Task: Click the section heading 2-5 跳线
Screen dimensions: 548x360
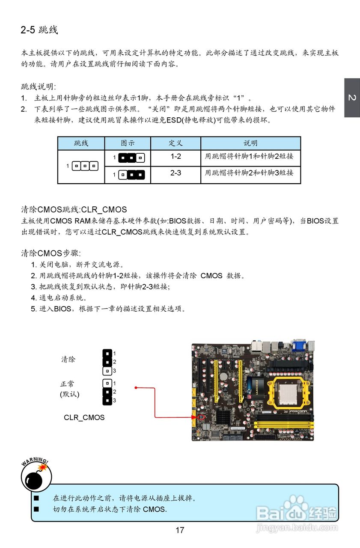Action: point(39,30)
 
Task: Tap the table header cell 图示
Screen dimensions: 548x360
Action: point(128,143)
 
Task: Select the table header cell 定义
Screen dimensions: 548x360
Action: point(176,143)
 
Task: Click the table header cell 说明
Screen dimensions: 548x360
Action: point(250,143)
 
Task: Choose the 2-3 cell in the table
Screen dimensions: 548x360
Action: point(176,173)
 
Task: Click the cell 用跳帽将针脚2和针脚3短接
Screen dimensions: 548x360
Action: point(249,173)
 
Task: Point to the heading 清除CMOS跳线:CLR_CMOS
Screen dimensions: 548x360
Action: point(74,210)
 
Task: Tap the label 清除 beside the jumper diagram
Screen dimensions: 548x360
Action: point(68,360)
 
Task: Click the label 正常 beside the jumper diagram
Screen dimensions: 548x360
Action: point(67,384)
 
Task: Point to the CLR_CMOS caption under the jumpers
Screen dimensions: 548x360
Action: point(84,417)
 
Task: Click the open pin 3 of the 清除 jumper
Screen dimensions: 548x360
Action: point(107,371)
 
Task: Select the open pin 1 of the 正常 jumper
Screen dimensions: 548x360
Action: point(107,383)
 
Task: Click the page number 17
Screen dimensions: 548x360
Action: point(180,530)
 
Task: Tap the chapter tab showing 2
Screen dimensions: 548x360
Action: point(352,98)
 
